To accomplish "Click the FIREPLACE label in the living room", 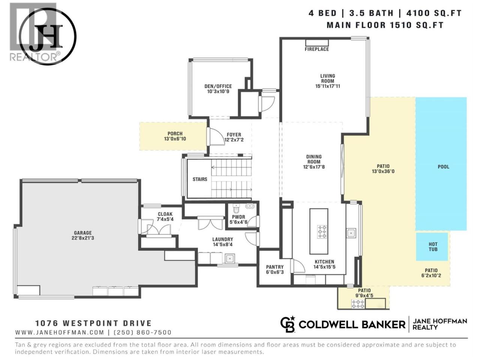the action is [x=316, y=49].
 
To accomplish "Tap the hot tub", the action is [x=432, y=247].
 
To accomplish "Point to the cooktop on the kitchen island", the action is [x=322, y=231].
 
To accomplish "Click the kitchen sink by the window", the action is [x=351, y=233].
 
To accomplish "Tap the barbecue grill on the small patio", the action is [x=358, y=304].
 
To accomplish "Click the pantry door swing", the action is [x=298, y=266].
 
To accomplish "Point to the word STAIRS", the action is [x=200, y=180].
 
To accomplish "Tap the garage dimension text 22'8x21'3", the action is [x=83, y=238].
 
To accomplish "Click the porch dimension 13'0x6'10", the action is [x=175, y=139].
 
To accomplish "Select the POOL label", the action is [x=443, y=167].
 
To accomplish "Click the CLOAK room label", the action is [x=165, y=214].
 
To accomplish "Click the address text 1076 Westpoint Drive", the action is [x=94, y=323].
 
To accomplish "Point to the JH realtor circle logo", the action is [x=48, y=36].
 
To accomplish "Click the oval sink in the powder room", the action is [x=249, y=206].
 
